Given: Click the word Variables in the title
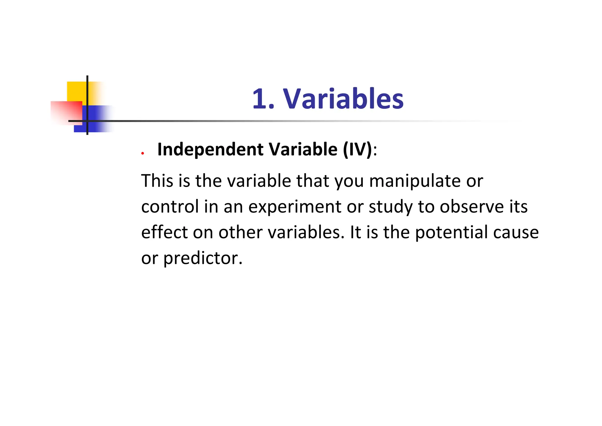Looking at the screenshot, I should (x=343, y=99).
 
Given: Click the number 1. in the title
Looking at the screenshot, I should (x=263, y=99).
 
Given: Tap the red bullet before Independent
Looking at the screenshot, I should (x=143, y=153).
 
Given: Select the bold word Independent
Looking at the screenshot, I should (x=210, y=149).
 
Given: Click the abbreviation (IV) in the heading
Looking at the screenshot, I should (x=357, y=149).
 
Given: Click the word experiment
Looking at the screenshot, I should (x=295, y=207).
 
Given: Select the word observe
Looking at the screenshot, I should (x=472, y=207).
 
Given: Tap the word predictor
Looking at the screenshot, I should (x=203, y=258).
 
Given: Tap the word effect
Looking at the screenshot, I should (x=164, y=232).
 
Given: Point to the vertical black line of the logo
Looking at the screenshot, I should (x=87, y=88).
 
